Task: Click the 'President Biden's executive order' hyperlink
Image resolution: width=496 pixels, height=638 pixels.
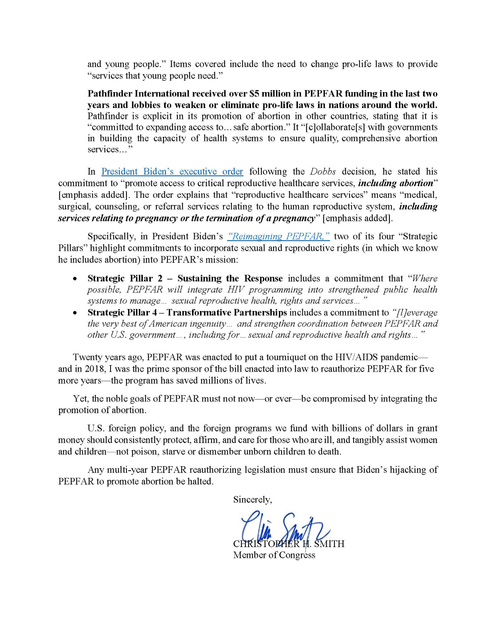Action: tap(172, 171)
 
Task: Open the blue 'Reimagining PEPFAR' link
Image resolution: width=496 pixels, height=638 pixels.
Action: tap(278, 236)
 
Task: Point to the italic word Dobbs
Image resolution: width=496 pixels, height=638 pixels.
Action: tap(323, 171)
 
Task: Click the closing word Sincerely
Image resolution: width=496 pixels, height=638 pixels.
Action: tap(253, 500)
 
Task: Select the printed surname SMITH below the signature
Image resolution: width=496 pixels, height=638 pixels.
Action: tap(329, 544)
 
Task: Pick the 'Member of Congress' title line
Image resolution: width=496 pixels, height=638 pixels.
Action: tap(274, 555)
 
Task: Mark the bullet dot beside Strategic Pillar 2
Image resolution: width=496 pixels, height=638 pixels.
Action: tap(75, 279)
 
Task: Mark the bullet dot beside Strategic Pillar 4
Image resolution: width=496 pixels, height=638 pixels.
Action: tap(75, 313)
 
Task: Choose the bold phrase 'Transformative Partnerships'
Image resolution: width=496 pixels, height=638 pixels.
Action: tap(227, 313)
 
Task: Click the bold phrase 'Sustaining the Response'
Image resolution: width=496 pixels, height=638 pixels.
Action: tap(230, 278)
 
